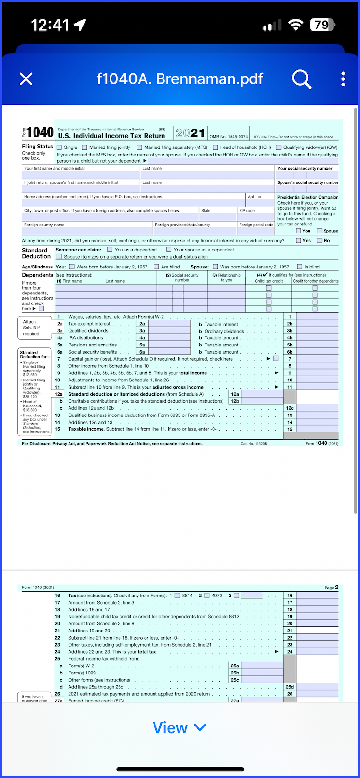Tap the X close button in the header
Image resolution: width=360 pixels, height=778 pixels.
tap(26, 78)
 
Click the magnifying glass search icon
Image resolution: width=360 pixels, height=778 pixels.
tap(301, 79)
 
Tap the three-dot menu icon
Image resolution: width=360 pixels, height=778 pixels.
tap(343, 79)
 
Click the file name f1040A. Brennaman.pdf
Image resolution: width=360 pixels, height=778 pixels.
tap(180, 78)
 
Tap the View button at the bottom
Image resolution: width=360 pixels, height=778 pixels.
tap(180, 727)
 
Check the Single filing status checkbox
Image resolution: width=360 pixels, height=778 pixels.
tap(60, 147)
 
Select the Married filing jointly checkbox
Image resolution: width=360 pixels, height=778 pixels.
tap(85, 147)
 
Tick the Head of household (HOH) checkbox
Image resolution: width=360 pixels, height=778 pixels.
tap(215, 147)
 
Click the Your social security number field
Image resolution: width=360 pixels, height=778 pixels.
tap(307, 175)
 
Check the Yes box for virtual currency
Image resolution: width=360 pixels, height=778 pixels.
tap(299, 241)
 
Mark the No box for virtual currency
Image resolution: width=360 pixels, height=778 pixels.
tap(320, 241)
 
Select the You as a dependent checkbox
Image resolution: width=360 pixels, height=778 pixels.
tap(110, 250)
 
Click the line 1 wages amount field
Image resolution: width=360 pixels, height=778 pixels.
tap(317, 317)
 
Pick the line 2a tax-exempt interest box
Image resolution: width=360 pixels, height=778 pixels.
tap(169, 324)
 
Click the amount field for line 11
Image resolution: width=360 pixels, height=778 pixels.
tap(317, 387)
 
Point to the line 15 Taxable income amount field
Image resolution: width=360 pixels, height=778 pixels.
tap(317, 429)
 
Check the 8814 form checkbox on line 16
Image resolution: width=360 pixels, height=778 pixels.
tap(178, 596)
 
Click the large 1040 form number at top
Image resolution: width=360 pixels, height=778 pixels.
tap(40, 133)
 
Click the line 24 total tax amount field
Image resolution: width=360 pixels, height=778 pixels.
tap(317, 652)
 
